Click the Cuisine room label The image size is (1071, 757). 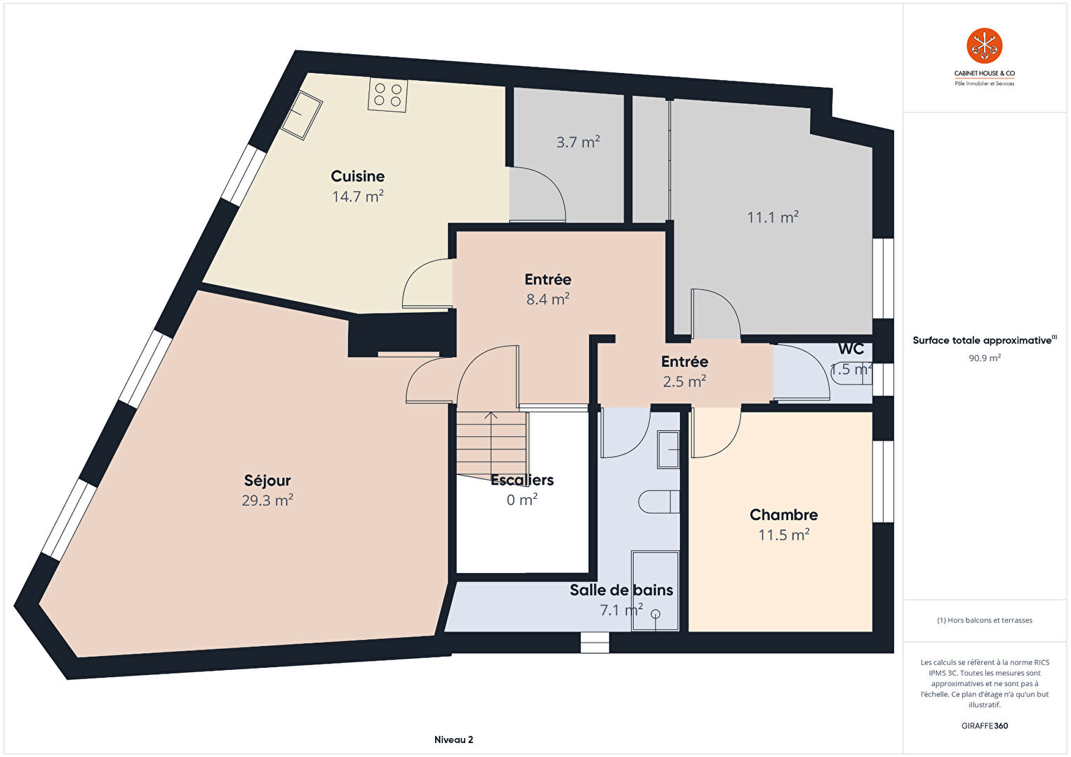point(358,176)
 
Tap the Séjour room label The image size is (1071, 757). point(267,481)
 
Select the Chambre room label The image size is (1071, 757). point(784,515)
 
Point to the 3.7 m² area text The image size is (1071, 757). point(578,142)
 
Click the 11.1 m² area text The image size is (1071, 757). point(773,217)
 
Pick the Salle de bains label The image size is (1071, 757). point(621,590)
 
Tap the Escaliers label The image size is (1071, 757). point(522,480)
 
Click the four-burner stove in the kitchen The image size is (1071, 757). point(387,95)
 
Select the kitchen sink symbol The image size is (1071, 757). point(301,115)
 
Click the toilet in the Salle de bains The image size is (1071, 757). point(659,502)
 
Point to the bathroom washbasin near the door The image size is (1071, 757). point(668,449)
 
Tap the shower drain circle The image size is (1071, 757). point(655,614)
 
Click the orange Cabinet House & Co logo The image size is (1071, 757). point(985,46)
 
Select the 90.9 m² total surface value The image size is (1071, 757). point(985,358)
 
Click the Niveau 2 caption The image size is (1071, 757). point(454,739)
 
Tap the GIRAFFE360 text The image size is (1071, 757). point(985,725)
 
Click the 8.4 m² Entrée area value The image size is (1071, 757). point(548,299)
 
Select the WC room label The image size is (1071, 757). point(851,349)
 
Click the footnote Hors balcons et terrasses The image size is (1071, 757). point(985,620)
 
